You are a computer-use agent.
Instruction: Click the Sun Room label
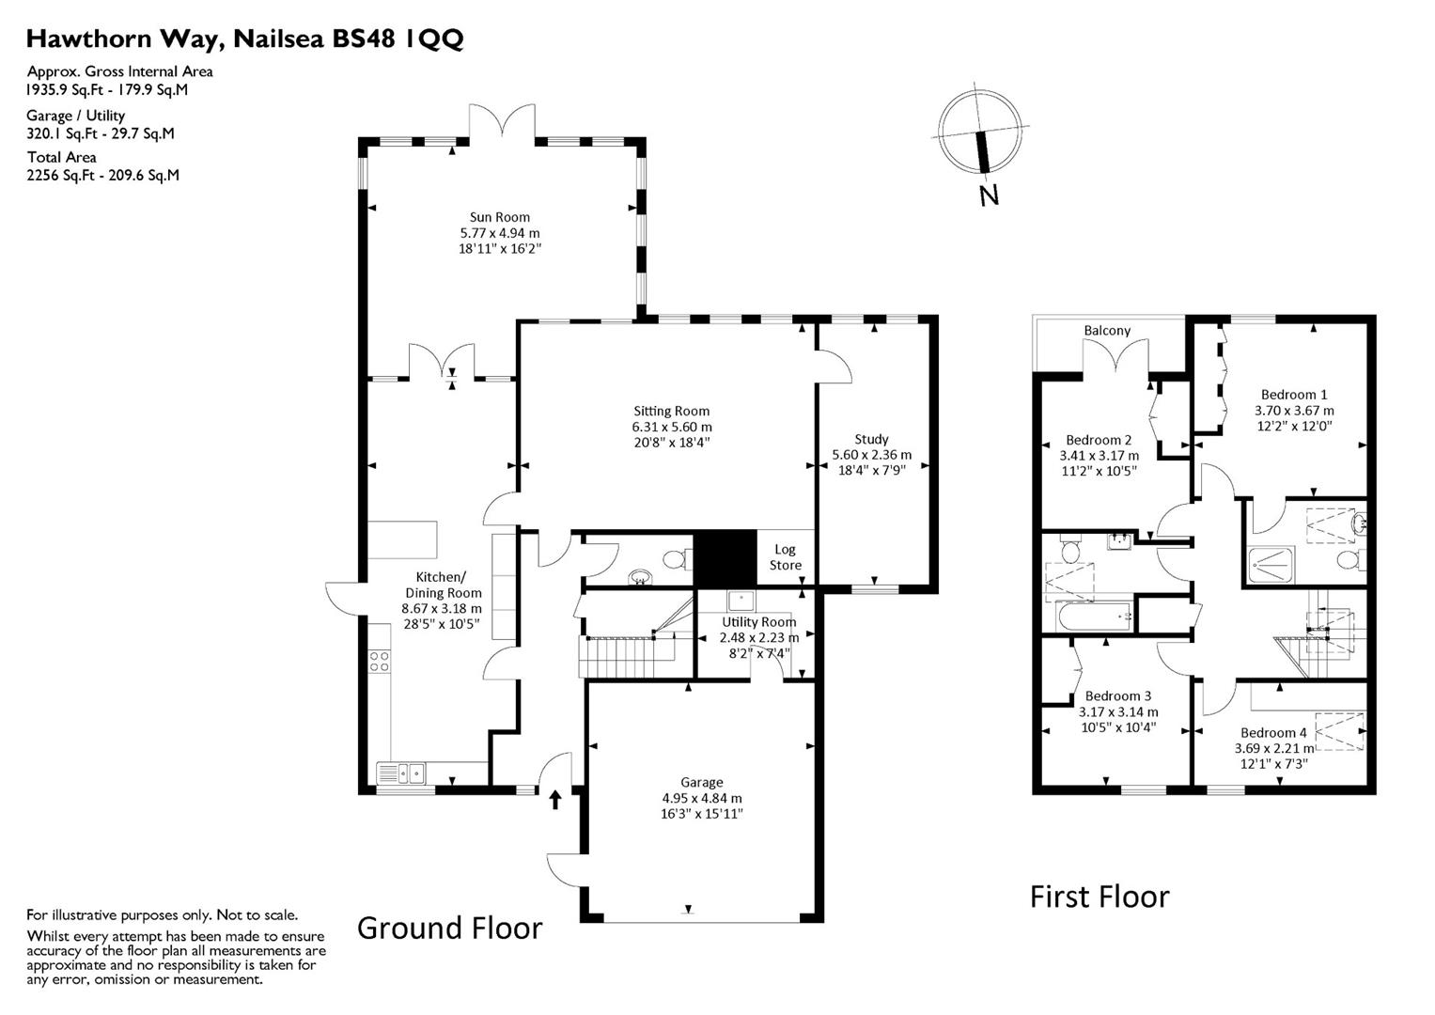point(500,217)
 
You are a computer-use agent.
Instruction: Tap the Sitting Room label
point(671,411)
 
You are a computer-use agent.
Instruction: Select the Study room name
point(871,439)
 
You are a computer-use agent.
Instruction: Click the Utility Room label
point(758,622)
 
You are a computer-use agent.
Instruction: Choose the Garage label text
point(701,782)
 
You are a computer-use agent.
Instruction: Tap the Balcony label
point(1107,331)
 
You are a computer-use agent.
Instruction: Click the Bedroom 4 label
point(1272,733)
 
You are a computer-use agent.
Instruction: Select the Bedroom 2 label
point(1098,440)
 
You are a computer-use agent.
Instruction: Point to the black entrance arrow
point(554,799)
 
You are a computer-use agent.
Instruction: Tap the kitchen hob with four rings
point(379,661)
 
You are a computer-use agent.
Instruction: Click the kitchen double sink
point(401,773)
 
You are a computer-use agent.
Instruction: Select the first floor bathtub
point(1095,617)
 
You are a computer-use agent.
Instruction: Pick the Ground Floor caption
point(449,928)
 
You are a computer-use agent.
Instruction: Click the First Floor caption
point(1099,897)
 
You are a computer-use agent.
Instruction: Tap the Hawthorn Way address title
point(244,39)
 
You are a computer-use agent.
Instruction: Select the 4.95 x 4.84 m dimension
point(701,798)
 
